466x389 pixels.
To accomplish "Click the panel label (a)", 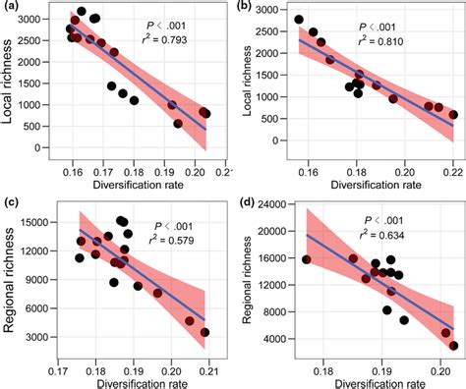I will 12,8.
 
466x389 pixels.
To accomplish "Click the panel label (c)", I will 12,202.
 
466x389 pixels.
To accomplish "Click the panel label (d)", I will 248,202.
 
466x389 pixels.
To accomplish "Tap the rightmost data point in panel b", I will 453,115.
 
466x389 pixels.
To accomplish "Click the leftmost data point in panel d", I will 307,260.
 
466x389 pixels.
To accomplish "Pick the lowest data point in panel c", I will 205,333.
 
